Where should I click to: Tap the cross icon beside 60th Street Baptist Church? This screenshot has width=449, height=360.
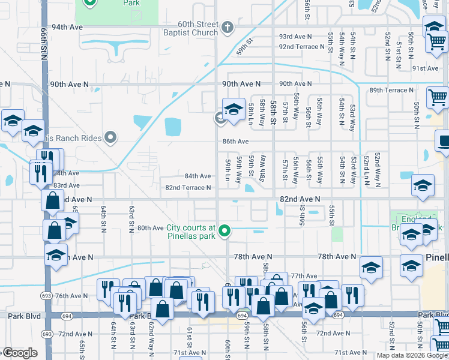(x=227, y=27)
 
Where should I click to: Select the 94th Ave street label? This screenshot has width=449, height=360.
(x=66, y=28)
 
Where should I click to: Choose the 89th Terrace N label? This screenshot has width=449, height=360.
(x=391, y=90)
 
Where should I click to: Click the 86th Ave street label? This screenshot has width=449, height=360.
(x=235, y=142)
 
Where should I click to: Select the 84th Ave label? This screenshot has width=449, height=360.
(x=197, y=176)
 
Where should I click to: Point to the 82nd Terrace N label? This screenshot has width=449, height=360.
(x=188, y=188)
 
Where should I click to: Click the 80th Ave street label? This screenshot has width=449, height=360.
(x=150, y=228)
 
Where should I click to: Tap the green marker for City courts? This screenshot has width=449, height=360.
(x=225, y=230)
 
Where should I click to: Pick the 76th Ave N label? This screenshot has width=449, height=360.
(x=72, y=296)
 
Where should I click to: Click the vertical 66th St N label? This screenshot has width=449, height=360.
(x=45, y=43)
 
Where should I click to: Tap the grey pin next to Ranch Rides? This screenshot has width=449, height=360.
(x=110, y=138)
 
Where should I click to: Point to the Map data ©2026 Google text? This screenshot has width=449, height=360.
(x=411, y=355)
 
